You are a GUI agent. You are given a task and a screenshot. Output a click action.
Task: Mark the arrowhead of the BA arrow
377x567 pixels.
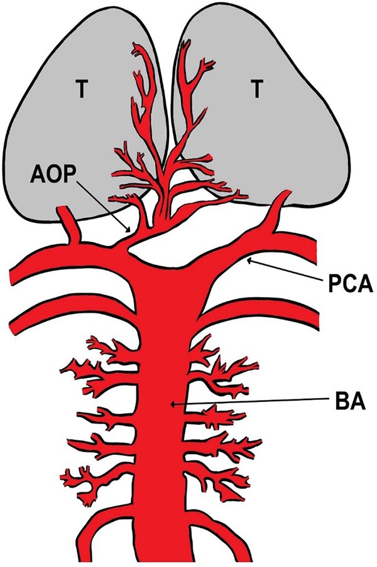(x=172, y=406)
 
